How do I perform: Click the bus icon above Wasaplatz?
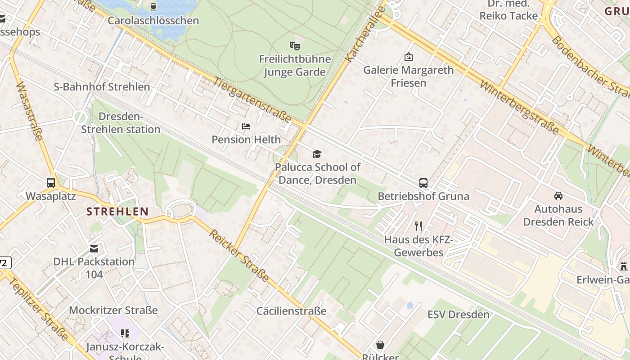pos(51,183)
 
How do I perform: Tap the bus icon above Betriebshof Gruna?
pos(423,183)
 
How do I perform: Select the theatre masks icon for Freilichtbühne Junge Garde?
pos(295,45)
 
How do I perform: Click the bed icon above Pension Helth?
pos(246,126)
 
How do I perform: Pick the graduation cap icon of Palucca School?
pos(317,154)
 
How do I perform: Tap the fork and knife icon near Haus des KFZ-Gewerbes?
pos(418,226)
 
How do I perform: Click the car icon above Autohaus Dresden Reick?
pos(558,196)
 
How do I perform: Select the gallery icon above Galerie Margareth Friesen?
pos(409,57)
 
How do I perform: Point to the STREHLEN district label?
pos(117,211)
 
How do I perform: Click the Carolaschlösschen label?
pos(153,21)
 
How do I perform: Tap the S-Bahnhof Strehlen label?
pos(102,87)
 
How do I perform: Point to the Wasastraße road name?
pos(29,111)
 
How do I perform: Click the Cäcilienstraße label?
pos(291,311)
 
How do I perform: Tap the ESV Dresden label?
pos(458,315)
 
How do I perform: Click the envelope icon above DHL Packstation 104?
pos(94,249)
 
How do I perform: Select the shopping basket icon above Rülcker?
pos(380,345)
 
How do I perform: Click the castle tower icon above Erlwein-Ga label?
pos(624,266)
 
